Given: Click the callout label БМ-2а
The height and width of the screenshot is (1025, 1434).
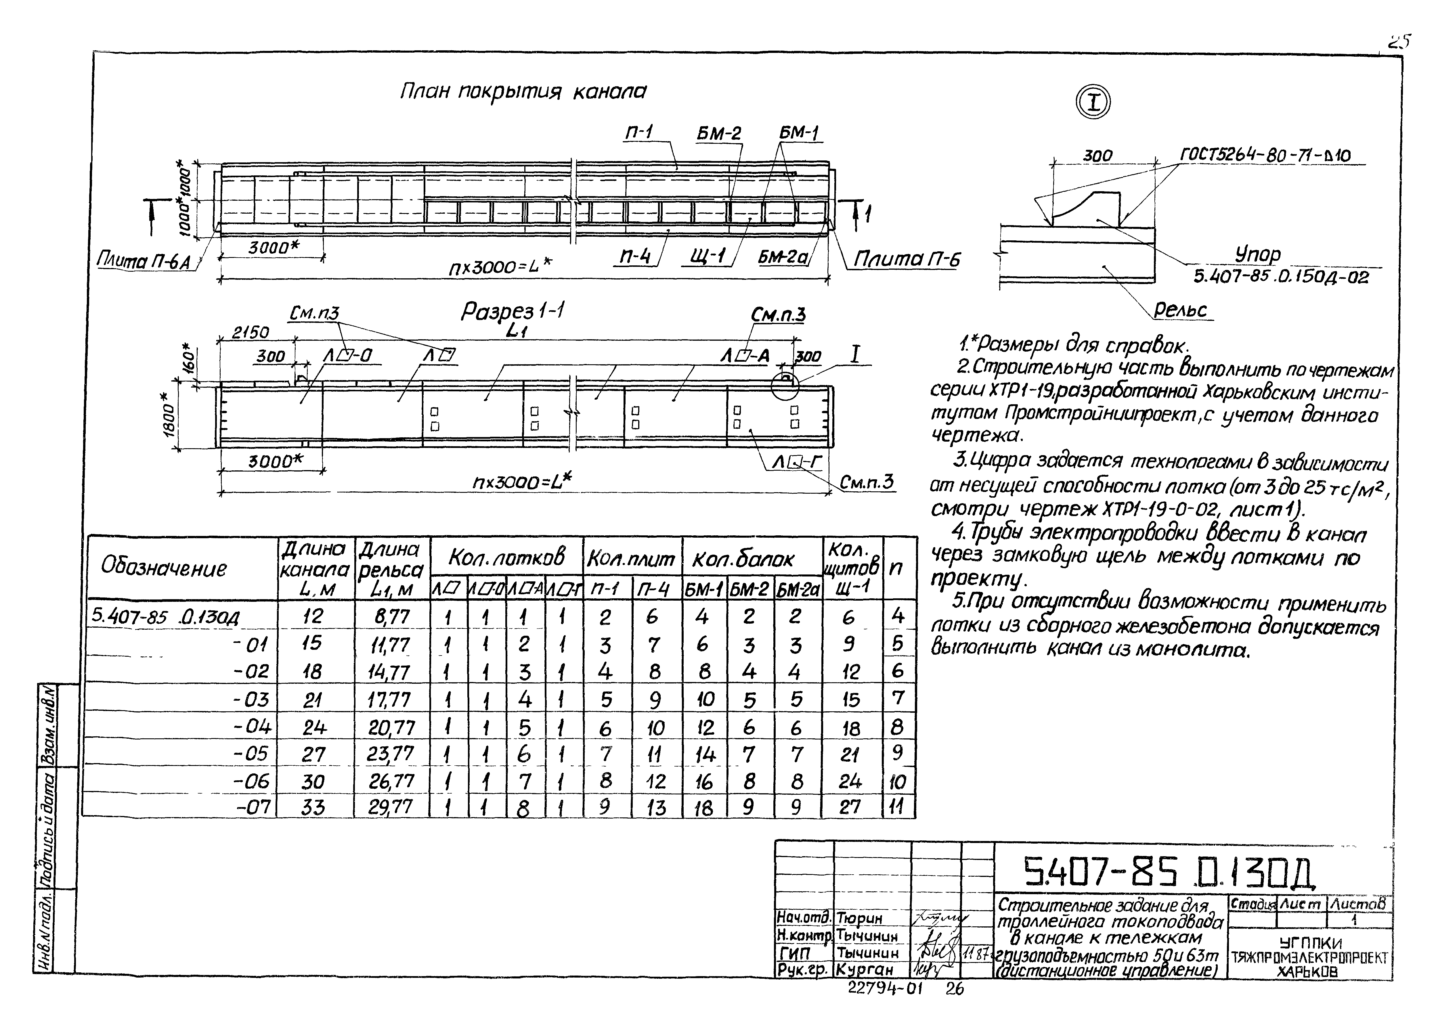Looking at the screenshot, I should pos(783,257).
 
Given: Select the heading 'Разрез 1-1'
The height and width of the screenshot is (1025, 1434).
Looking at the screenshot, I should pos(513,312).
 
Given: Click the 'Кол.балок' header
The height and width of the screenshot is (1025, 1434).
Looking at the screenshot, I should pos(743,559).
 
